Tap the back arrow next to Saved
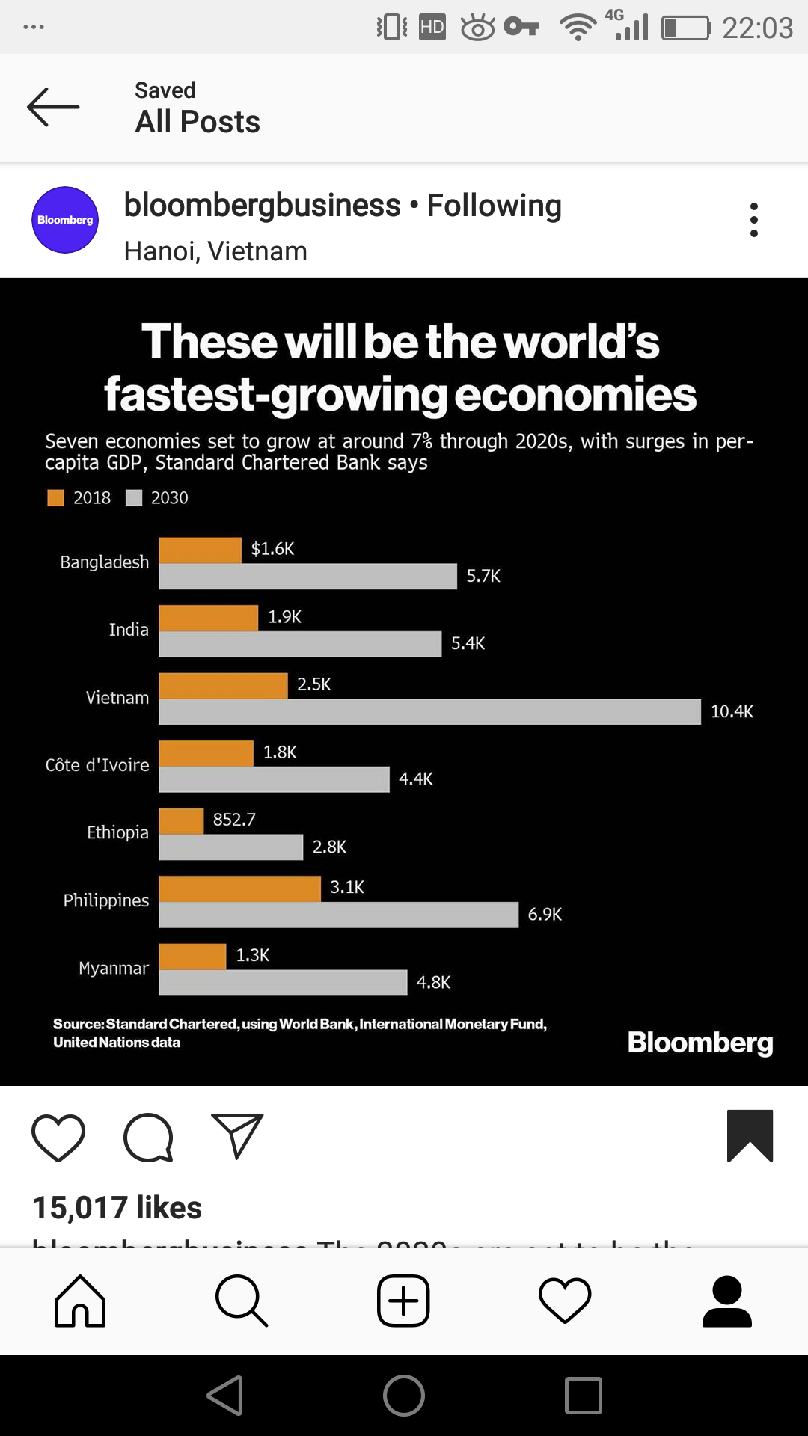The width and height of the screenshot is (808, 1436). pos(53,107)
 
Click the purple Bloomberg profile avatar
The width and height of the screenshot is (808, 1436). pos(65,220)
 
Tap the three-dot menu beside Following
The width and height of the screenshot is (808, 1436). pos(753,220)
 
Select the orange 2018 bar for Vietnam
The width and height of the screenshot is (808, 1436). pos(223,685)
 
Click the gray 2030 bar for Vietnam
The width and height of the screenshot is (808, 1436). pos(429,712)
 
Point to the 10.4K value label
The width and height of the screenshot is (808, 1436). pos(732,711)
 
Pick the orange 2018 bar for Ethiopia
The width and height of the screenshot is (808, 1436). pos(181,820)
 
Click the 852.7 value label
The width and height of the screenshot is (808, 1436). pos(234,820)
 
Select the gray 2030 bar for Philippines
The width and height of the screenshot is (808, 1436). pos(338,915)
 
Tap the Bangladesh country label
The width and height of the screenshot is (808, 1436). pos(105,562)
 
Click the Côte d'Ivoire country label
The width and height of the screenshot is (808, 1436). pos(97,765)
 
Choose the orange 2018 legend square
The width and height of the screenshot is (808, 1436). pos(55,498)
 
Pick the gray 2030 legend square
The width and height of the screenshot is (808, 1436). pos(134,498)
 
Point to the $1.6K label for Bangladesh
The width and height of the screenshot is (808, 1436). pos(273,549)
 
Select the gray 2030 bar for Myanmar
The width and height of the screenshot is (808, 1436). pos(283,983)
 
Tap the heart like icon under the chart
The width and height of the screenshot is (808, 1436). pos(58,1138)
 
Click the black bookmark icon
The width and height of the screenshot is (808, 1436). pos(750,1135)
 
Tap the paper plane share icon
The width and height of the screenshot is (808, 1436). pos(237,1135)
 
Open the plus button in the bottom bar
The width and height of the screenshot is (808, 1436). pos(403,1301)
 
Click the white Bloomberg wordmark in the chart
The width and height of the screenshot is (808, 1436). pos(700,1043)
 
